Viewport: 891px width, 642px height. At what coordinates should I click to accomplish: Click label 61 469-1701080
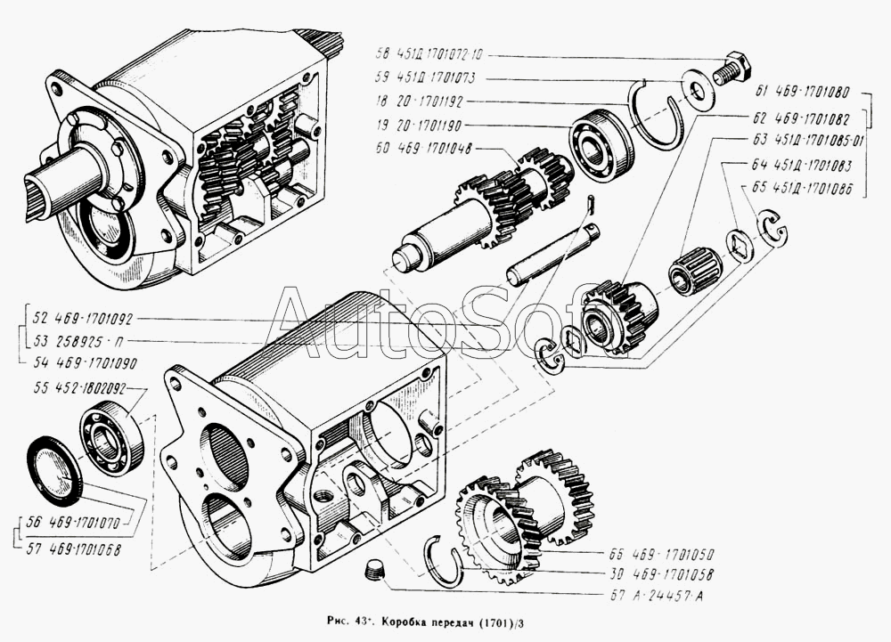[x=802, y=92]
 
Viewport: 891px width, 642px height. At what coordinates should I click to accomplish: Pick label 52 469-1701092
[x=82, y=318]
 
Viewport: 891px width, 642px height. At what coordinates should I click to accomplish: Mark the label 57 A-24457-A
[x=646, y=595]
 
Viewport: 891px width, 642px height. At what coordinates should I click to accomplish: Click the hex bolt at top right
[x=733, y=69]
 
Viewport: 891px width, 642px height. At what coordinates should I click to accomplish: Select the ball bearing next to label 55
[x=111, y=437]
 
